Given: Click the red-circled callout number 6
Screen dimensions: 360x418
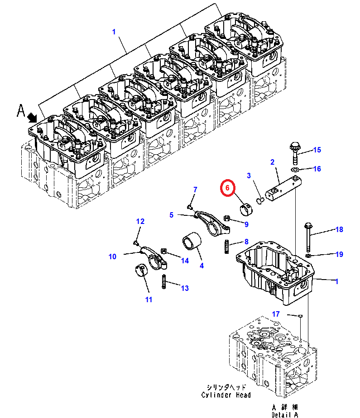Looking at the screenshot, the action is pos(227,188).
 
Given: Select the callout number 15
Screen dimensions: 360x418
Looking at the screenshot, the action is pos(317,150).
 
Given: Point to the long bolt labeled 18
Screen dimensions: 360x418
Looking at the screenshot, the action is pos(308,237).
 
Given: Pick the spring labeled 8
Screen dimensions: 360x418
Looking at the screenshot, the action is pos(227,247).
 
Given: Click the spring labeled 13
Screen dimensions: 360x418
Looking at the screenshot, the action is pos(164,282).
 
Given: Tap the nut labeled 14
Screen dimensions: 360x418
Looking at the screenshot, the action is pos(164,251).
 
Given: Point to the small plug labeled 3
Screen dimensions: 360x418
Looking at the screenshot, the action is pos(260,200).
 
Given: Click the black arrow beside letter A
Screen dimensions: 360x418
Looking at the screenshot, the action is pos(32,117).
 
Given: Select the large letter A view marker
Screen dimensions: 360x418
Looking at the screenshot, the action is pos(21,111).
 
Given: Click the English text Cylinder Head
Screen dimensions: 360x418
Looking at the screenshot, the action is pos(226,395).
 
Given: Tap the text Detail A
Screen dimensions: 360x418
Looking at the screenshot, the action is pos(285,415).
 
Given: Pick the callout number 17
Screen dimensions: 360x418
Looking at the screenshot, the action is pos(276,314).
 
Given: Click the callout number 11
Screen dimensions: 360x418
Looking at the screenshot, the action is pos(149,299).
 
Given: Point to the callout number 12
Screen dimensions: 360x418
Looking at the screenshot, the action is pos(140,221).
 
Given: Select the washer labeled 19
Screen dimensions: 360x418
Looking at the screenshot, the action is pos(307,256).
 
